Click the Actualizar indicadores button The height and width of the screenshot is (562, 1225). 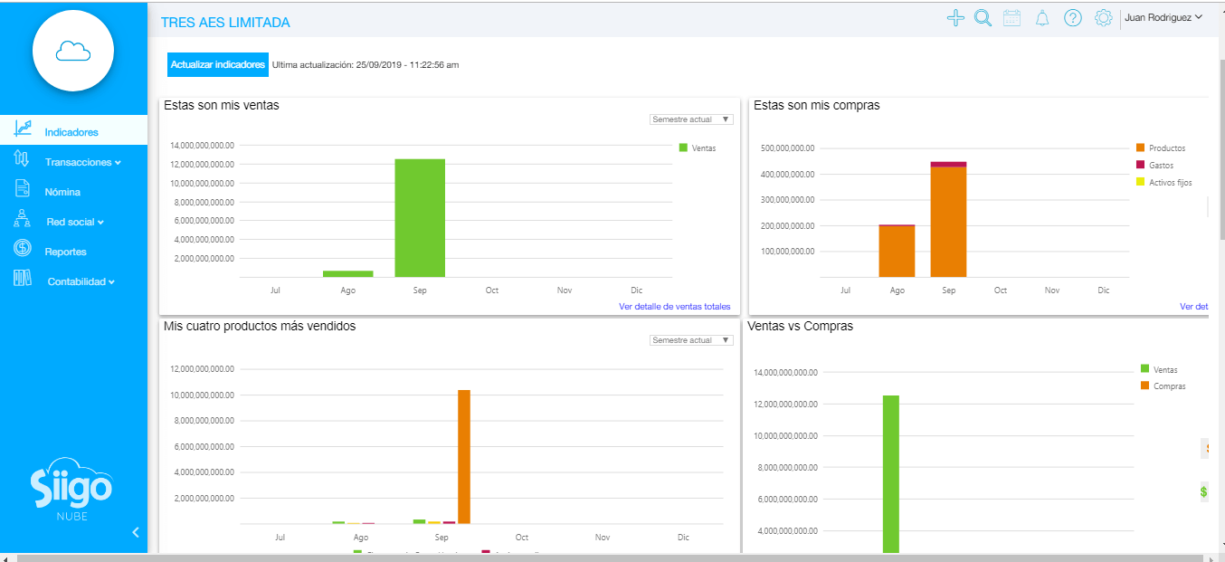(218, 64)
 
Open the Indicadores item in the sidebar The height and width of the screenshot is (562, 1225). (71, 132)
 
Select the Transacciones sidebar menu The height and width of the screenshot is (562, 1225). (82, 162)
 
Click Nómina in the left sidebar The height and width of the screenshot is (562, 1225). (62, 192)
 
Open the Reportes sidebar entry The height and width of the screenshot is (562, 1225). (65, 252)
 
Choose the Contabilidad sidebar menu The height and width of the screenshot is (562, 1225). (81, 281)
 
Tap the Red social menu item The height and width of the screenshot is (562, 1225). (75, 222)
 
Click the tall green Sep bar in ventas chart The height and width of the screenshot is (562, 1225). (420, 218)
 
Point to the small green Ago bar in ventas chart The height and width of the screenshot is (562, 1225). (348, 273)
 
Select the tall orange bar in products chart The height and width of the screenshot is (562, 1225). (464, 456)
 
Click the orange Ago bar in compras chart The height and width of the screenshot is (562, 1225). (897, 251)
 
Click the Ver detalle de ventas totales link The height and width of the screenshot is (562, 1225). (674, 307)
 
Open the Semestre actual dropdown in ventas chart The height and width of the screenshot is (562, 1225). (691, 119)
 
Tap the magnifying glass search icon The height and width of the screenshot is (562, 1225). (983, 18)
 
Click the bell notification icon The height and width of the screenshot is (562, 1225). (1042, 18)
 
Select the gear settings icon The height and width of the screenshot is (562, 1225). (1103, 18)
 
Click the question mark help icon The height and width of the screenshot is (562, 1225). (1073, 18)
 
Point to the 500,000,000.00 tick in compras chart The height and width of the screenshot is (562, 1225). (788, 148)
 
